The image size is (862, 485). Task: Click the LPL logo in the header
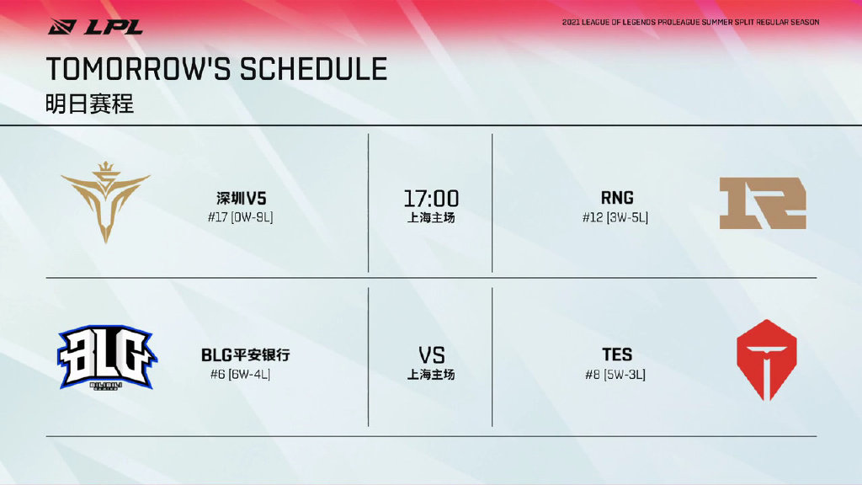click(x=95, y=26)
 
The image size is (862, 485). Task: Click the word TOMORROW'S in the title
click(x=140, y=69)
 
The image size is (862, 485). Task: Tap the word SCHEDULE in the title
click(x=313, y=69)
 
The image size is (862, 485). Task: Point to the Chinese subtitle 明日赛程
click(x=89, y=104)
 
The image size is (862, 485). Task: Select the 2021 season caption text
click(x=690, y=23)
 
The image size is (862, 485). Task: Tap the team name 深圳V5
click(x=241, y=198)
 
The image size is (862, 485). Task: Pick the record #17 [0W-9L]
click(x=240, y=217)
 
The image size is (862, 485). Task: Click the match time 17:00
click(x=431, y=199)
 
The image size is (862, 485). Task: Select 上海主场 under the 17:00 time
click(x=431, y=218)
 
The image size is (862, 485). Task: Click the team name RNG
click(x=617, y=198)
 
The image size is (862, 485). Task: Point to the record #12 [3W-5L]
click(x=615, y=218)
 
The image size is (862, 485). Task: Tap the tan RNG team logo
click(x=763, y=203)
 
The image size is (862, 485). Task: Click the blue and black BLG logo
click(x=107, y=357)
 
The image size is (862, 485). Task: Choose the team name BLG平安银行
click(x=245, y=355)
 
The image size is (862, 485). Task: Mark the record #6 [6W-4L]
click(x=240, y=375)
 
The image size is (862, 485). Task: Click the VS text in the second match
click(x=432, y=356)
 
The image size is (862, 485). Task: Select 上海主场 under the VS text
click(x=431, y=375)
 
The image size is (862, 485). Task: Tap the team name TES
click(x=617, y=354)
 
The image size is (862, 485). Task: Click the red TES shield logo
click(x=766, y=360)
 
